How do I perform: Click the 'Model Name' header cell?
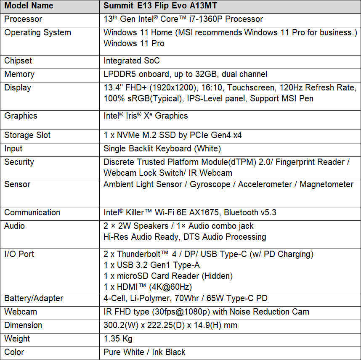tap(29, 6)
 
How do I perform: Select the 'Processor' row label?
tap(23, 19)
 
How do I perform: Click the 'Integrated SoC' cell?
tap(132, 61)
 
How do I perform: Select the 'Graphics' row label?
tap(21, 116)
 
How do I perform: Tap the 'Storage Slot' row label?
tap(27, 135)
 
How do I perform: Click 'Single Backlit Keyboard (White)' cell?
tap(162, 148)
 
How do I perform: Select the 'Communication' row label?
tap(32, 212)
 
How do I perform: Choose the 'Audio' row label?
tap(15, 226)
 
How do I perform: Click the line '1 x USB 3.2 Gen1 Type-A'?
tap(151, 265)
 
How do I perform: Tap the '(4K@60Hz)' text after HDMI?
tap(176, 287)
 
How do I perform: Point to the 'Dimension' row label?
tap(23, 325)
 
